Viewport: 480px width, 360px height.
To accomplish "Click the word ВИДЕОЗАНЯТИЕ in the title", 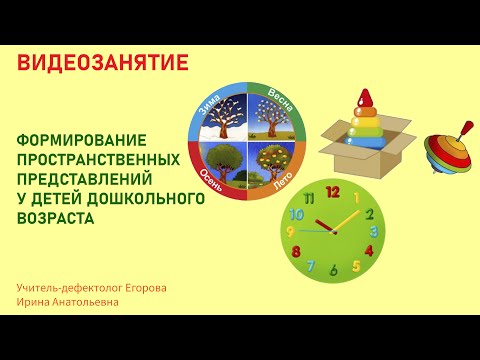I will pos(102,63).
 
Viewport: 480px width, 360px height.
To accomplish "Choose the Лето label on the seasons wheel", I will pos(281,179).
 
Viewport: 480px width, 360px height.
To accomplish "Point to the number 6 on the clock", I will pos(333,271).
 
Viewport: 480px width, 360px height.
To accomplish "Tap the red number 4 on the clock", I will pos(368,251).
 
